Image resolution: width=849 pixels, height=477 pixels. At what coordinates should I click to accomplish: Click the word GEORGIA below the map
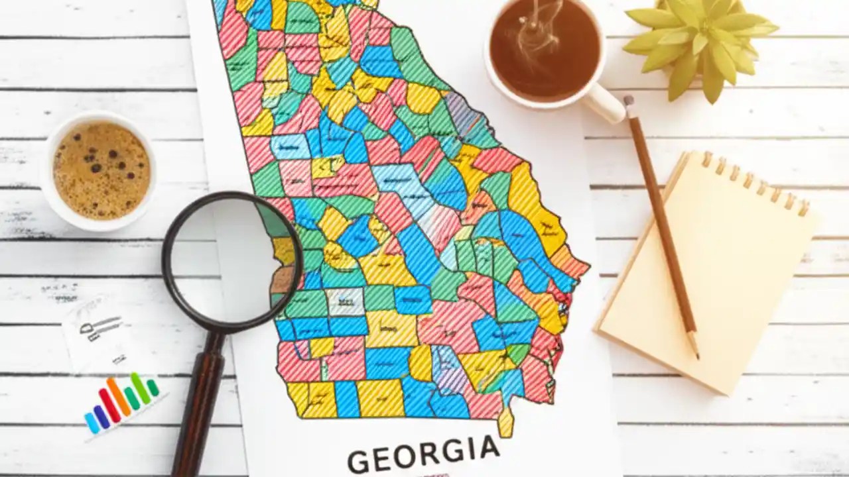(423, 455)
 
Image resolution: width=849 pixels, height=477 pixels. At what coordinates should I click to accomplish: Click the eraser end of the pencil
(628, 101)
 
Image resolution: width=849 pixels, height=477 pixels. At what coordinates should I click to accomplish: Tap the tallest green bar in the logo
(140, 388)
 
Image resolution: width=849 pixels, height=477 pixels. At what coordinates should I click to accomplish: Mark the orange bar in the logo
(119, 397)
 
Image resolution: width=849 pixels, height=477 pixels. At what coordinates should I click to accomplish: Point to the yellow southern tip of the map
(506, 423)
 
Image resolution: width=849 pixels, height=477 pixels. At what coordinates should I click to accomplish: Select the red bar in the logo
(109, 405)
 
